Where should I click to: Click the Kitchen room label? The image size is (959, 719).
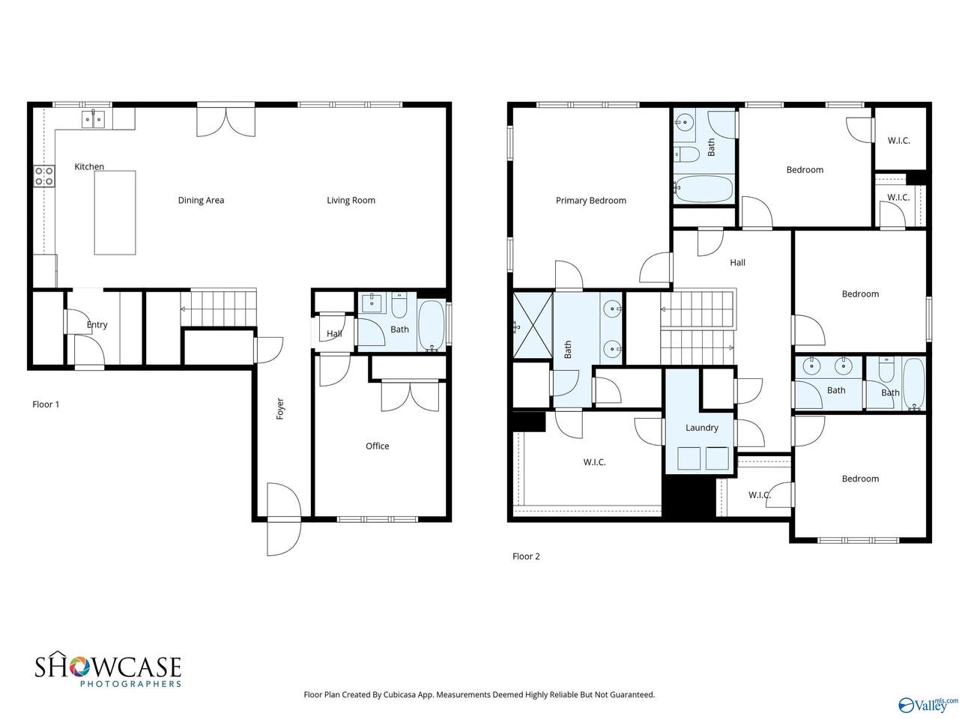pyautogui.click(x=89, y=166)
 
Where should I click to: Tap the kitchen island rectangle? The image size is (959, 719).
pyautogui.click(x=115, y=212)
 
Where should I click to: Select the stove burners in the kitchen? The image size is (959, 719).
pyautogui.click(x=44, y=176)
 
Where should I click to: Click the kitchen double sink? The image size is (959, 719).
pyautogui.click(x=93, y=119)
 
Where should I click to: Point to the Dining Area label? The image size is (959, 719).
pyautogui.click(x=201, y=200)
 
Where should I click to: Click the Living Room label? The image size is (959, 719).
pyautogui.click(x=351, y=201)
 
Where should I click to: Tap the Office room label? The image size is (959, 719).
pyautogui.click(x=377, y=446)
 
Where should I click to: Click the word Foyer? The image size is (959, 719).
pyautogui.click(x=280, y=409)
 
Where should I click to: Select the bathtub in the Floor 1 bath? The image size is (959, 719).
pyautogui.click(x=432, y=325)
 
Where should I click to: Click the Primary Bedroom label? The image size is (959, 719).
pyautogui.click(x=590, y=201)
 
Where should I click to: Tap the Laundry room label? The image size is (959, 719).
pyautogui.click(x=702, y=428)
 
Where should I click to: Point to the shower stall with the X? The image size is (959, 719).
pyautogui.click(x=533, y=325)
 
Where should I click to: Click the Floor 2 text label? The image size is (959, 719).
pyautogui.click(x=526, y=556)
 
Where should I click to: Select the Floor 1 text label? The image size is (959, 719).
pyautogui.click(x=46, y=404)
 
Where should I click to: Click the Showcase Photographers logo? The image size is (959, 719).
pyautogui.click(x=109, y=670)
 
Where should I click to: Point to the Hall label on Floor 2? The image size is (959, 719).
pyautogui.click(x=737, y=262)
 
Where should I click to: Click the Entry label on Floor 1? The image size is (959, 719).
pyautogui.click(x=97, y=325)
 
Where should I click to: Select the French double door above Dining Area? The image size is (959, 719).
pyautogui.click(x=226, y=121)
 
